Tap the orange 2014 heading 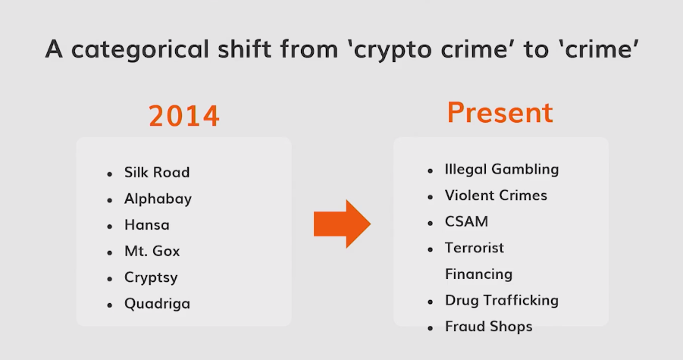pyautogui.click(x=183, y=116)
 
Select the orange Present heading pyautogui.click(x=500, y=112)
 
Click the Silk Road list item pyautogui.click(x=157, y=172)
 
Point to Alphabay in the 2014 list pyautogui.click(x=158, y=199)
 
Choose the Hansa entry pyautogui.click(x=147, y=225)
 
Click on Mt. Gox pyautogui.click(x=152, y=251)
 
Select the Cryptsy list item pyautogui.click(x=151, y=277)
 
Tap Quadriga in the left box pyautogui.click(x=157, y=304)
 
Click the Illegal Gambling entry pyautogui.click(x=502, y=169)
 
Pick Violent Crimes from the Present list pyautogui.click(x=496, y=196)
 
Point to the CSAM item pyautogui.click(x=466, y=221)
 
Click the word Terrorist pyautogui.click(x=475, y=248)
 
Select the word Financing pyautogui.click(x=479, y=274)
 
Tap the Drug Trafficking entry pyautogui.click(x=502, y=300)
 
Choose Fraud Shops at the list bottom pyautogui.click(x=489, y=327)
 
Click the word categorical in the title pyautogui.click(x=140, y=49)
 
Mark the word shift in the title pyautogui.click(x=245, y=49)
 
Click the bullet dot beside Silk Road pyautogui.click(x=109, y=174)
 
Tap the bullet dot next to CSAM pyautogui.click(x=431, y=223)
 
